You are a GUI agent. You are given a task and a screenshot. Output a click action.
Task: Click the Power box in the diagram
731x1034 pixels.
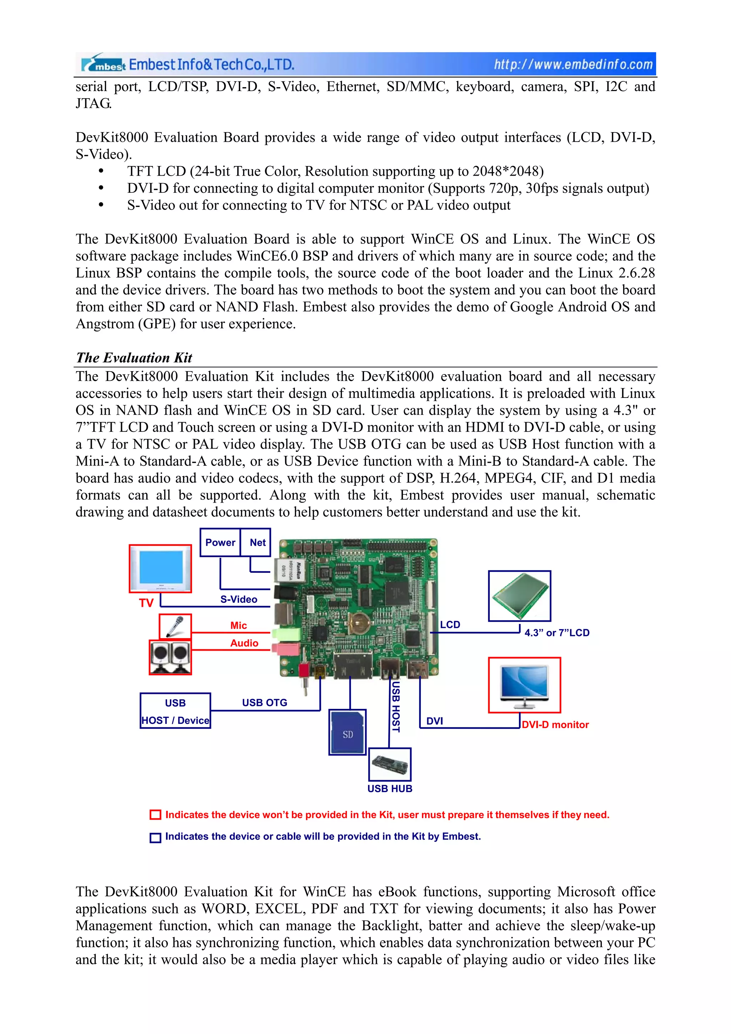220,542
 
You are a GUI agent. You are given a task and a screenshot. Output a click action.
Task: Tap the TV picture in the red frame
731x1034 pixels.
160,568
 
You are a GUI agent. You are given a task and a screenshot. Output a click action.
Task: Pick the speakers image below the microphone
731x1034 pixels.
170,657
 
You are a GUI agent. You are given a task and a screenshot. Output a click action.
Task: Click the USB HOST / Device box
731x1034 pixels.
175,711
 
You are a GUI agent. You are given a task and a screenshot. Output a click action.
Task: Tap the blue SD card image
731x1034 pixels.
347,732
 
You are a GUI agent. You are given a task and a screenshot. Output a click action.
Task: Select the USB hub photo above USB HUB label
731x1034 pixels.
390,765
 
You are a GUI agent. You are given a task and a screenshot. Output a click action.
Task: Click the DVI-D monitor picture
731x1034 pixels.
524,685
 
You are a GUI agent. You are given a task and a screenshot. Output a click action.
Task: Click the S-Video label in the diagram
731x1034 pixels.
239,599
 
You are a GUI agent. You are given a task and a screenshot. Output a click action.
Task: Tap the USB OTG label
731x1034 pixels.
264,702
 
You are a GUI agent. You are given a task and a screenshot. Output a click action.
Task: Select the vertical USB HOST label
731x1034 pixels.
395,706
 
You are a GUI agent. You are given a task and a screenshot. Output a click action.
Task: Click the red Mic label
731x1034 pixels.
238,626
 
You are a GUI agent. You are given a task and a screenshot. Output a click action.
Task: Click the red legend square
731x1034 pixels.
155,815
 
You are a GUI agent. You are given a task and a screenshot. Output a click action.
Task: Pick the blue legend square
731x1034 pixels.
155,837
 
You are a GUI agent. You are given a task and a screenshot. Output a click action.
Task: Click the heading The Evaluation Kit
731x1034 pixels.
134,358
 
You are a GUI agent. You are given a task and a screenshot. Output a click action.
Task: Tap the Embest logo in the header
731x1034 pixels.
104,64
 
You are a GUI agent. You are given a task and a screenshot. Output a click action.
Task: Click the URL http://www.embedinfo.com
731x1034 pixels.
573,64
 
